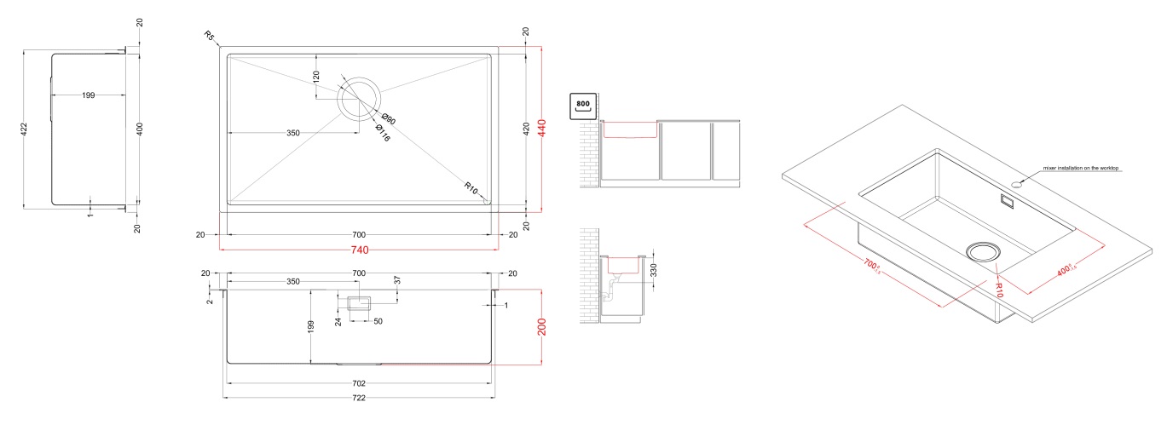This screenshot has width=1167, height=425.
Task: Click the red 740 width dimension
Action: click(x=359, y=251)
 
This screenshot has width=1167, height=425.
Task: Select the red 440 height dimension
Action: click(x=540, y=129)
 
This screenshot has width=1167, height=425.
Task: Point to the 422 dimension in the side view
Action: click(x=24, y=129)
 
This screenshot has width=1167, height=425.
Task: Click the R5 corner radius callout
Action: click(x=210, y=36)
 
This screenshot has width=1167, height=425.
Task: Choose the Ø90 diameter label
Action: click(x=389, y=120)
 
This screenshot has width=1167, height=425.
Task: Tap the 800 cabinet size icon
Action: click(x=583, y=106)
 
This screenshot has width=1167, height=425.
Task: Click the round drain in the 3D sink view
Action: click(x=984, y=250)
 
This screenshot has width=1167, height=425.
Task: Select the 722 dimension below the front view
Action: click(x=359, y=399)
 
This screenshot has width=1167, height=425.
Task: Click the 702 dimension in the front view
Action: click(x=359, y=383)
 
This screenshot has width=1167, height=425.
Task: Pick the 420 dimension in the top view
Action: click(x=526, y=129)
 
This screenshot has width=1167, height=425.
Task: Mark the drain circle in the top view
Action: click(x=359, y=100)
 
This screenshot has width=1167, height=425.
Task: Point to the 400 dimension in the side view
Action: click(x=140, y=129)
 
